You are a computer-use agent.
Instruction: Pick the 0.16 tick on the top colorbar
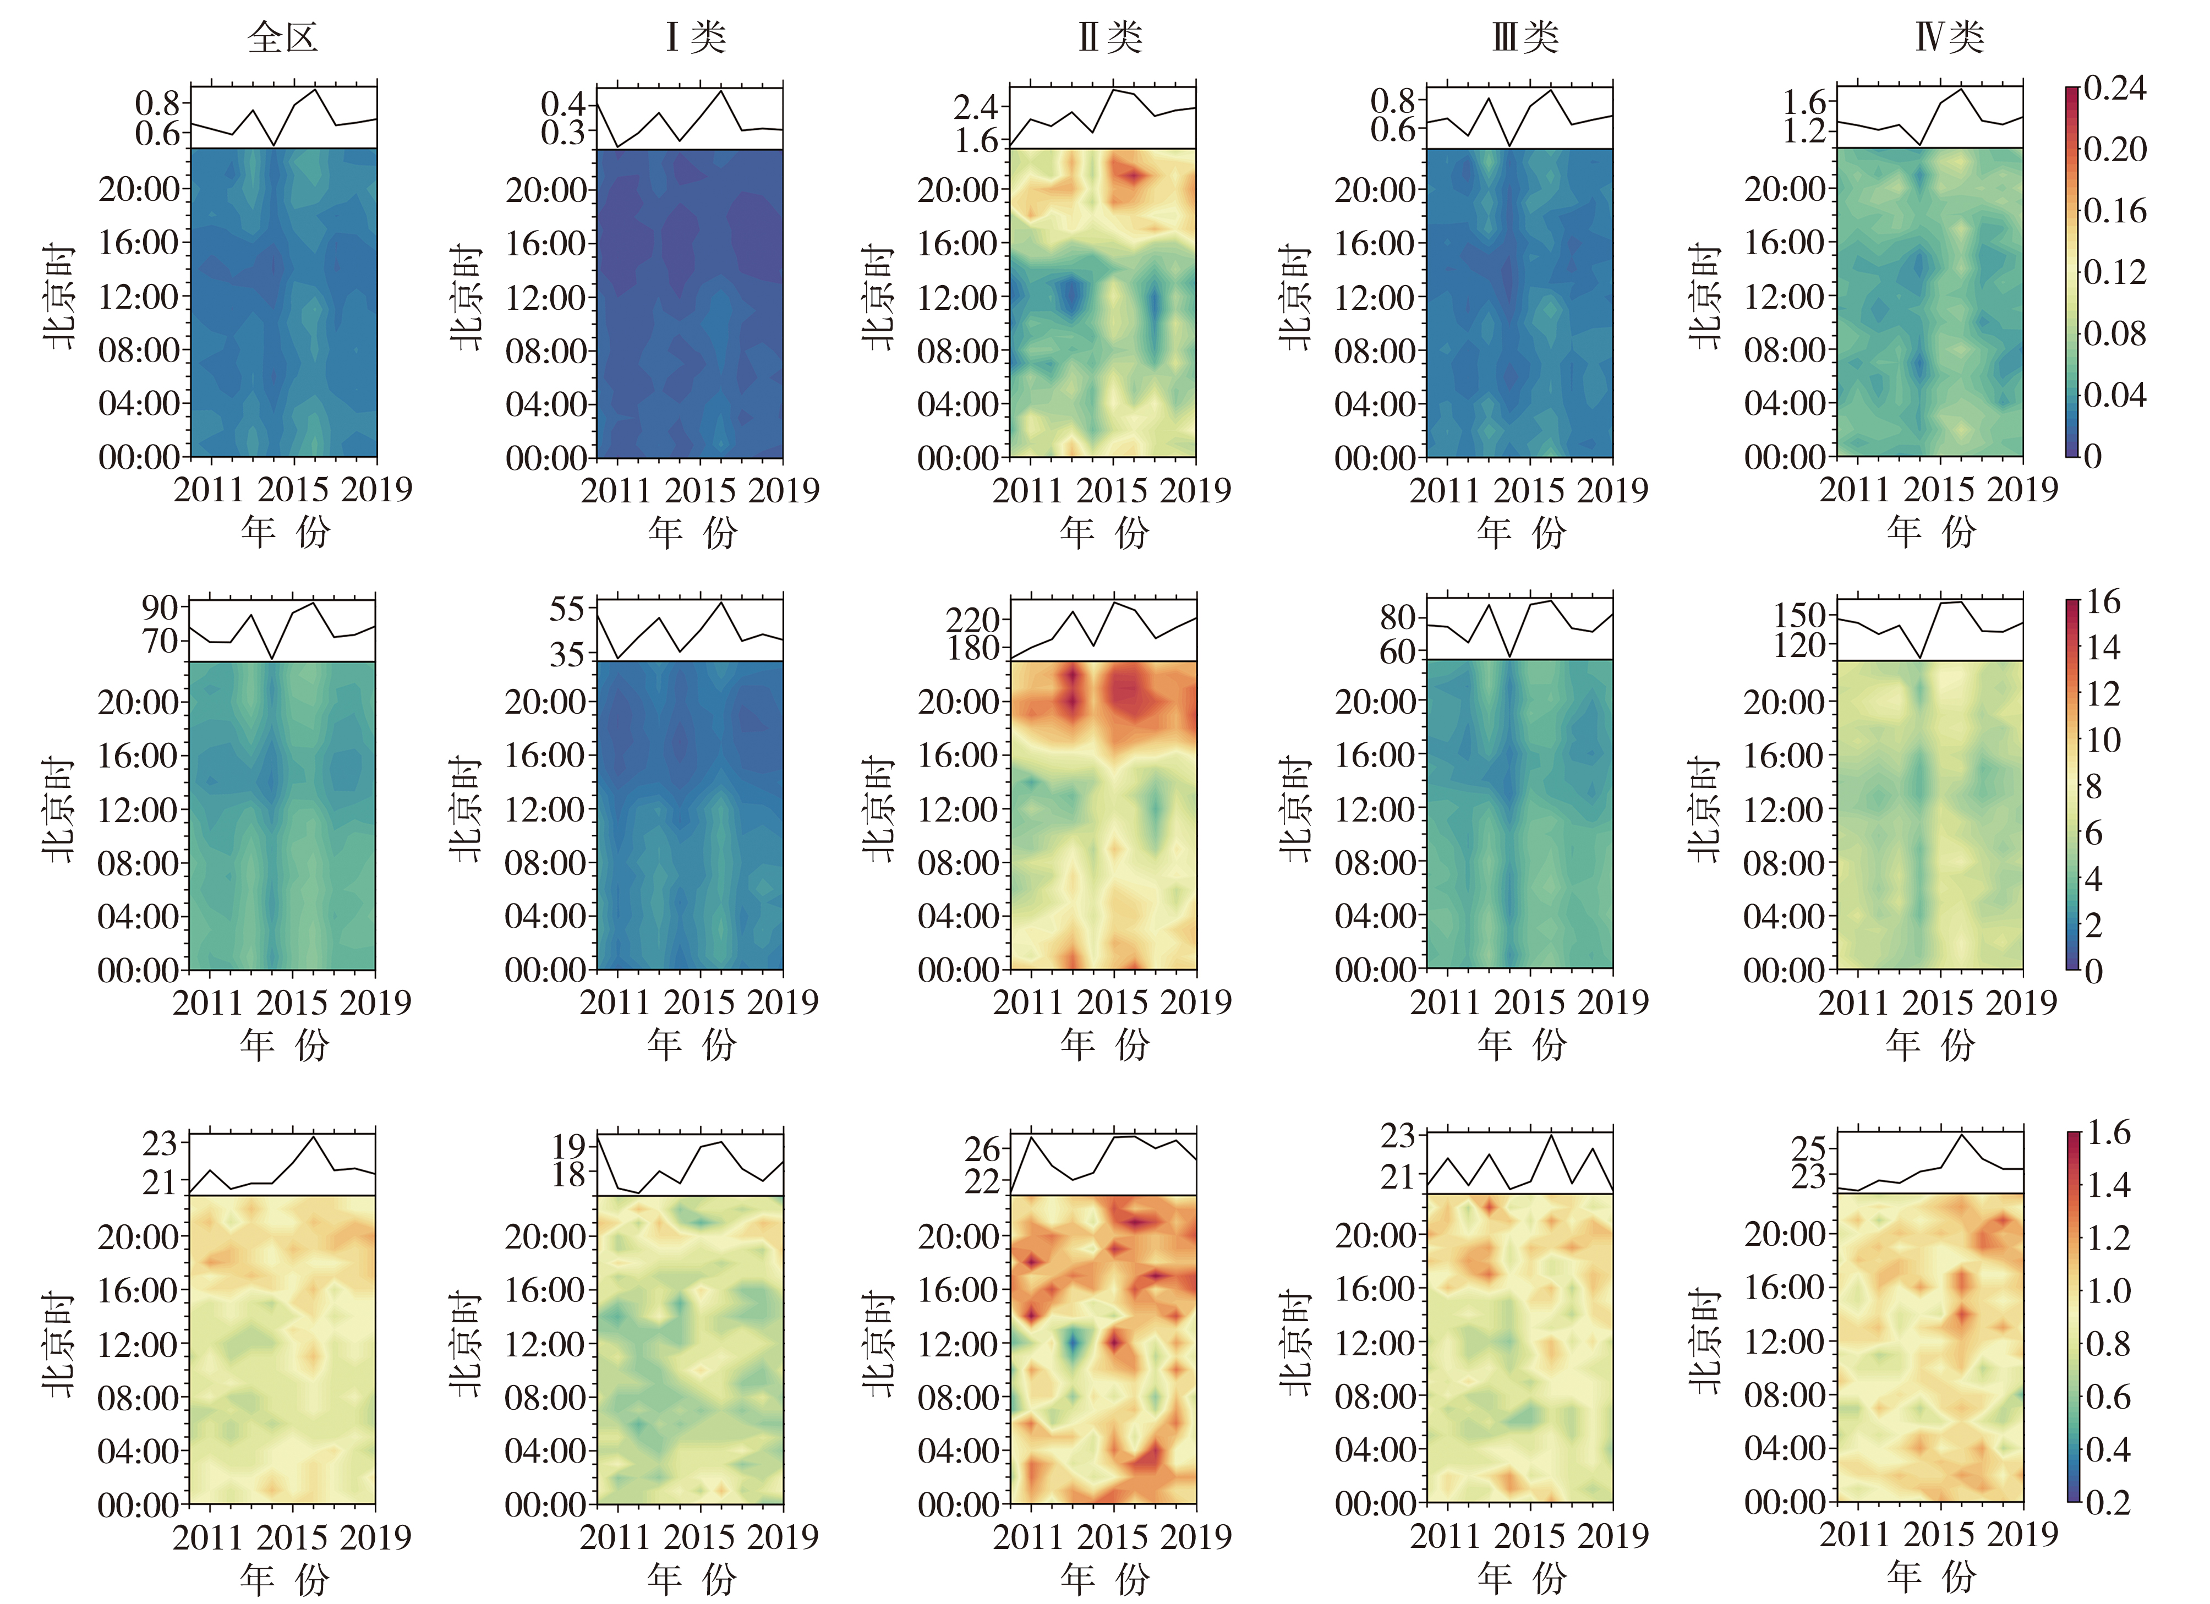[x=2114, y=211]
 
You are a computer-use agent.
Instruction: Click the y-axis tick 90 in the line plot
[x=160, y=608]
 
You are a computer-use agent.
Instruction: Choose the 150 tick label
[x=1800, y=615]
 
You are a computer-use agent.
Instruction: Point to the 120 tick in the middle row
[x=1800, y=645]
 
